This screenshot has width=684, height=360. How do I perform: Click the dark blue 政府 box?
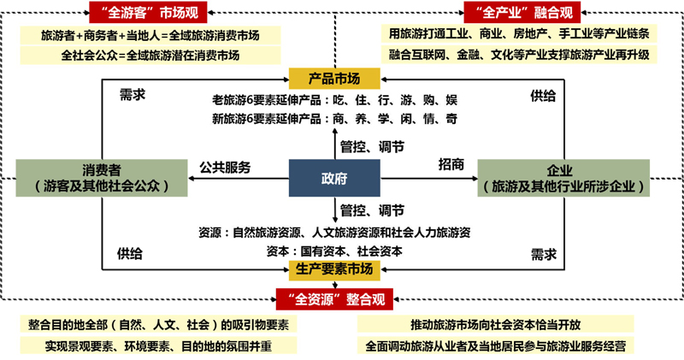click(334, 178)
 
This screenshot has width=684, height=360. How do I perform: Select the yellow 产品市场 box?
click(334, 79)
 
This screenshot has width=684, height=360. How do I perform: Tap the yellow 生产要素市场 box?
click(334, 269)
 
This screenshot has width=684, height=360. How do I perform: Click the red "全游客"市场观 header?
click(148, 12)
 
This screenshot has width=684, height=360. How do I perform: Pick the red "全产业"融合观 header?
click(522, 12)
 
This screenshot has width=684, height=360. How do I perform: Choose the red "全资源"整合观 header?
click(334, 299)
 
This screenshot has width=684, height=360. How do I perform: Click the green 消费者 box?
click(102, 178)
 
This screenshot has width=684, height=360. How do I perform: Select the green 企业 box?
click(563, 178)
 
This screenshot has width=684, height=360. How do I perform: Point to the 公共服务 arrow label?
click(225, 167)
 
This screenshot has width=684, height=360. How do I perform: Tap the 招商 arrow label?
click(451, 164)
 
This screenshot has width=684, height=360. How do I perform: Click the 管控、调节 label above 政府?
click(372, 147)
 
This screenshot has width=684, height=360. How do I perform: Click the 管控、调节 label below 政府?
click(372, 210)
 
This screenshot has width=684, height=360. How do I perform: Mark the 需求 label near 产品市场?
click(133, 95)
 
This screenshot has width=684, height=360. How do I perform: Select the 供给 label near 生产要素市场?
click(130, 254)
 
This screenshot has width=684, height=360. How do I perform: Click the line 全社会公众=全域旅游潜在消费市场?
click(150, 56)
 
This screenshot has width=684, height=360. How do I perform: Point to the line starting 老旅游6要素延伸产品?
click(334, 100)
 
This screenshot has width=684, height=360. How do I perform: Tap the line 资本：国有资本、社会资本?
click(334, 251)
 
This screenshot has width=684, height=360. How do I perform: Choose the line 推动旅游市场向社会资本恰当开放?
click(496, 325)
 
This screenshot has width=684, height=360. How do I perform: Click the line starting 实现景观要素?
click(158, 346)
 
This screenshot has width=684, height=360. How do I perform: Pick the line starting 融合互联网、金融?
click(519, 55)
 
